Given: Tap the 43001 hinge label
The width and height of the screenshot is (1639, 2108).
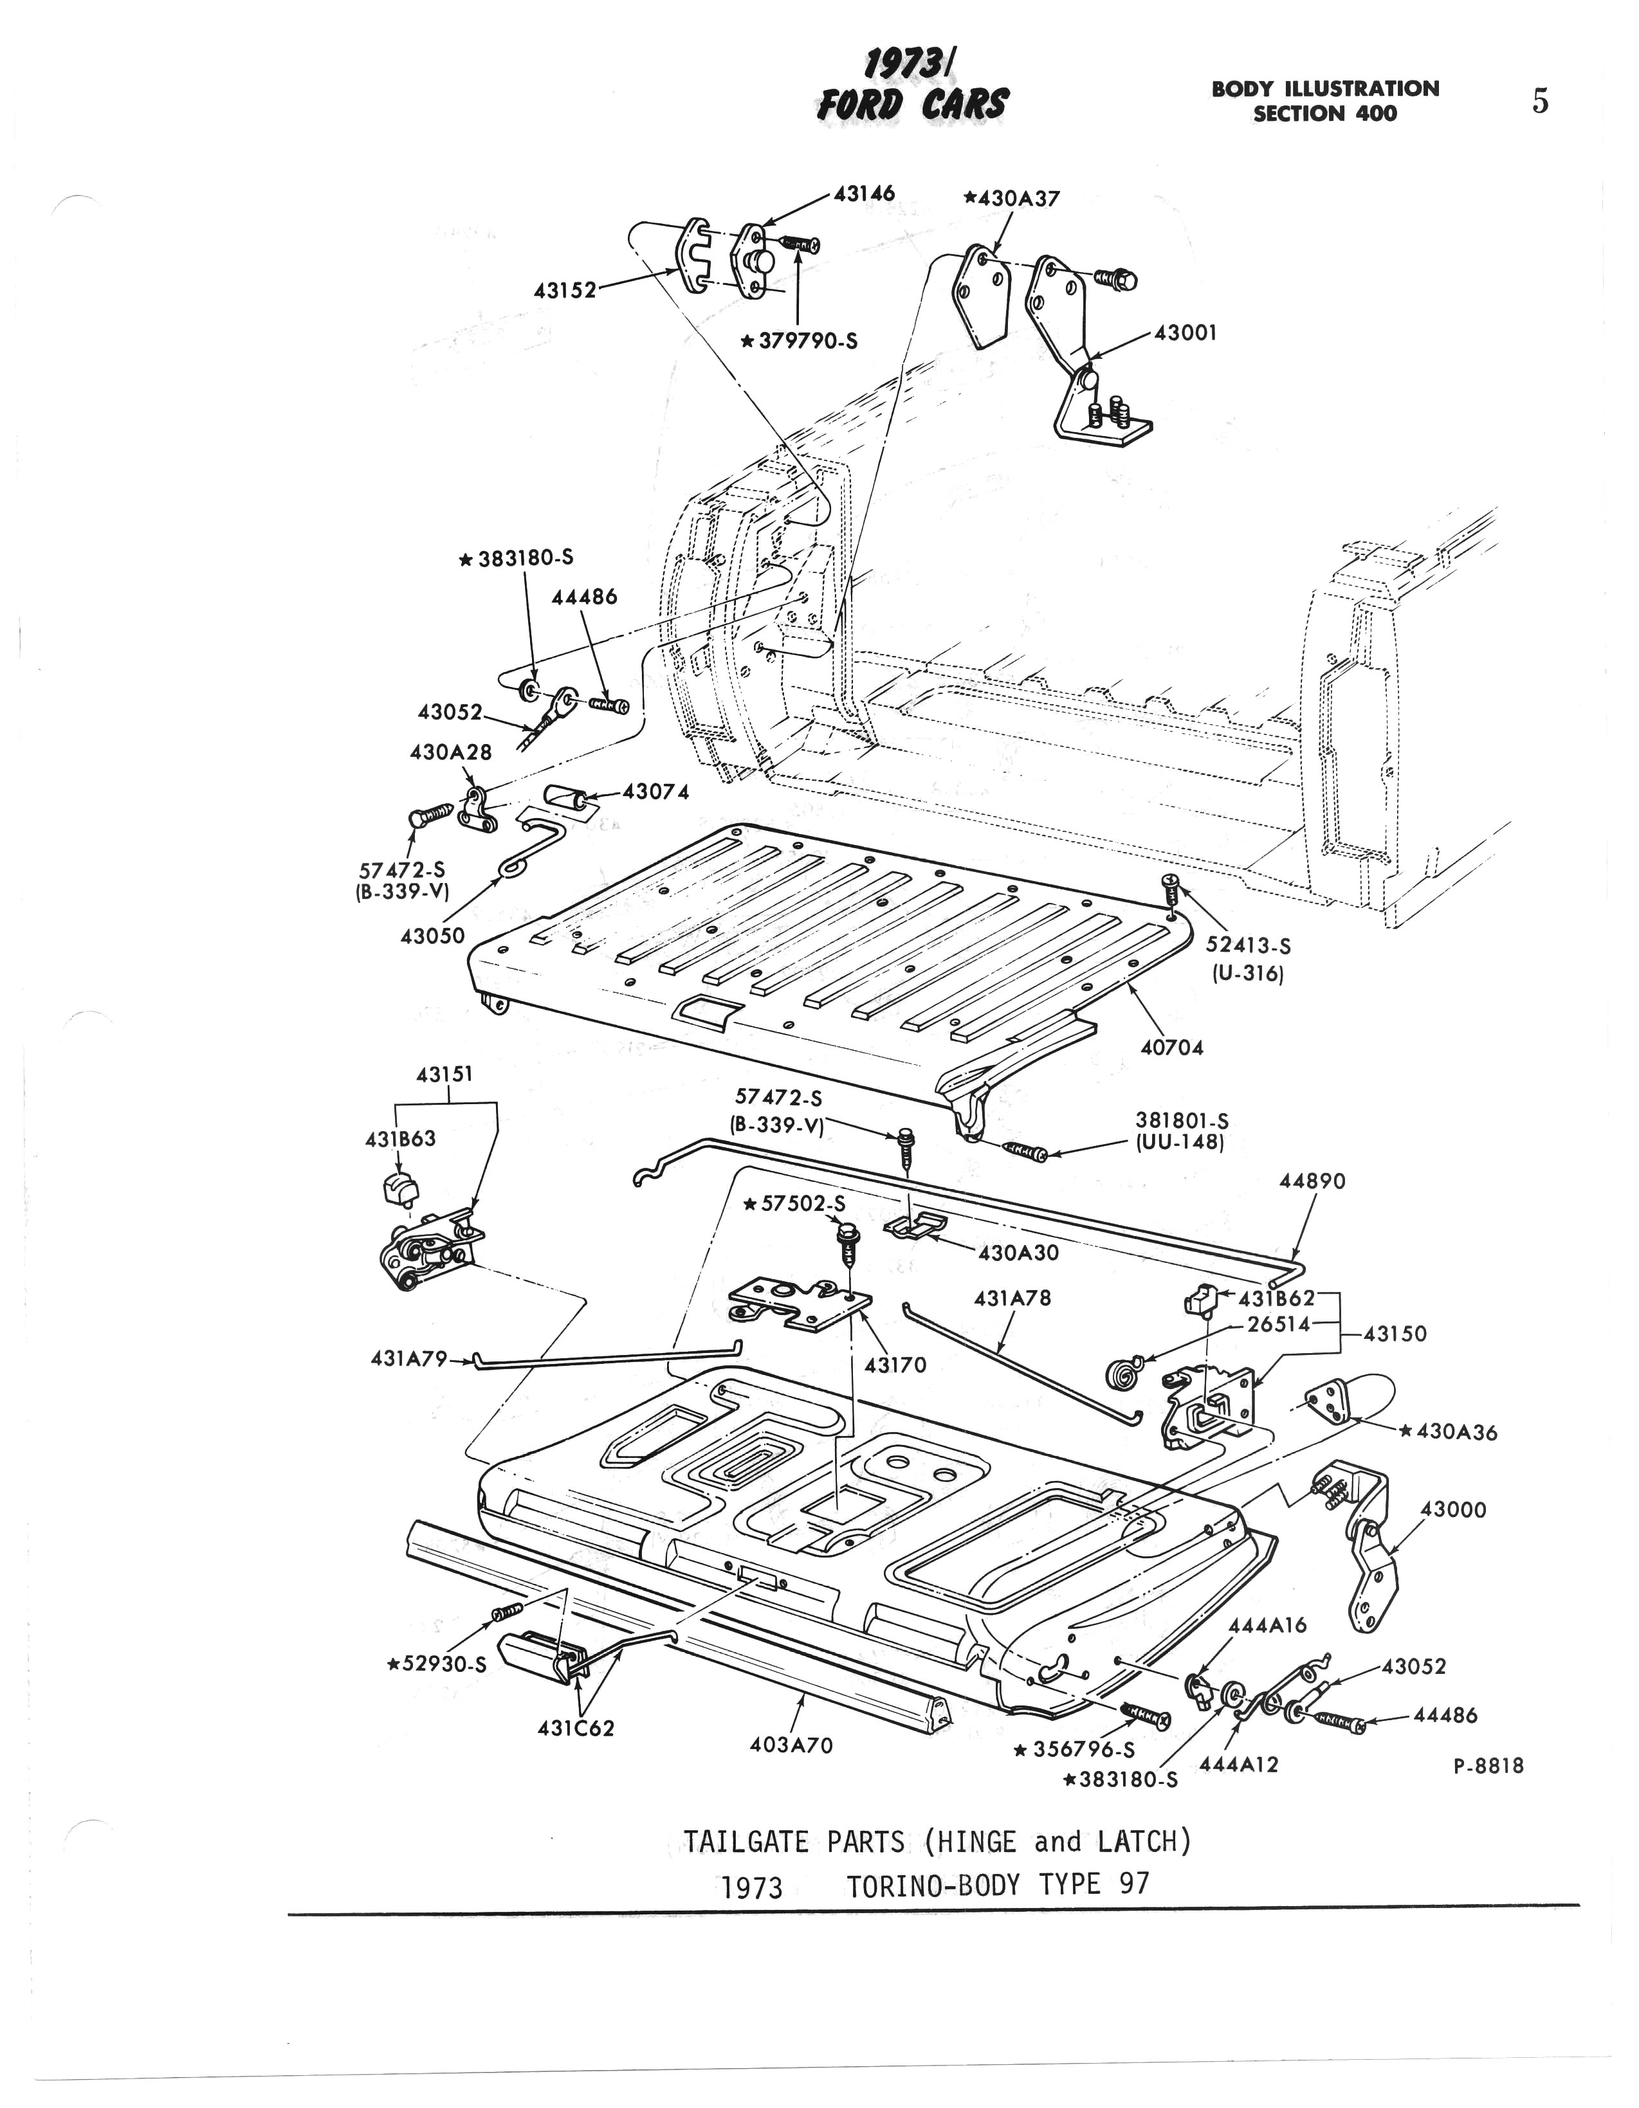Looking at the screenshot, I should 1186,333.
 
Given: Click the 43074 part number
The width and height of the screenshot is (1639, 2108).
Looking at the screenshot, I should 655,792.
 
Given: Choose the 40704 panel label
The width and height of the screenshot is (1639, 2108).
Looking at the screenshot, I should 1172,1047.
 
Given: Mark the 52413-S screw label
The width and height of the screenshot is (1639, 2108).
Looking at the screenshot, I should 1248,946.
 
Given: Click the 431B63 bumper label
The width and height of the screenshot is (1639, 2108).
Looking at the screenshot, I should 399,1139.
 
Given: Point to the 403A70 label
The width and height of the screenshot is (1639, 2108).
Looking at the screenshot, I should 791,1745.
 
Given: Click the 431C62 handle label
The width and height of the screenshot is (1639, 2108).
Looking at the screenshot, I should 575,1728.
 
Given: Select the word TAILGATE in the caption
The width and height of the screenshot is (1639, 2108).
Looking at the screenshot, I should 746,1842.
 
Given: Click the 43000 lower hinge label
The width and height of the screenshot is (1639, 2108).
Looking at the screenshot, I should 1452,1509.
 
